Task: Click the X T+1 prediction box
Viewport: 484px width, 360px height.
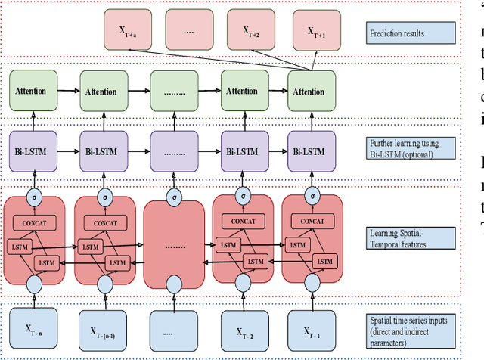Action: [x=313, y=31]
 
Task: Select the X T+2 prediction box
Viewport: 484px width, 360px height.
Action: [x=247, y=31]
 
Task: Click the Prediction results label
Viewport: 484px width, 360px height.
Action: [x=411, y=33]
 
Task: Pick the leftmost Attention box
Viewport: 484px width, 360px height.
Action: [x=31, y=92]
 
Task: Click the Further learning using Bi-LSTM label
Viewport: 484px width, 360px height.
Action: [x=411, y=147]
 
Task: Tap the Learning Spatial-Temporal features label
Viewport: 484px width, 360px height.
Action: [x=411, y=237]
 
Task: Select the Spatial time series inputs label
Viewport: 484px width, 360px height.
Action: [x=411, y=325]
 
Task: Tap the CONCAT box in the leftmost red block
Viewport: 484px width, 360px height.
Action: [x=35, y=224]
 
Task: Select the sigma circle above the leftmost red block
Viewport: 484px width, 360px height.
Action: [x=34, y=197]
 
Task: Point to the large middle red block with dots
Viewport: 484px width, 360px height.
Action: [x=174, y=247]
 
